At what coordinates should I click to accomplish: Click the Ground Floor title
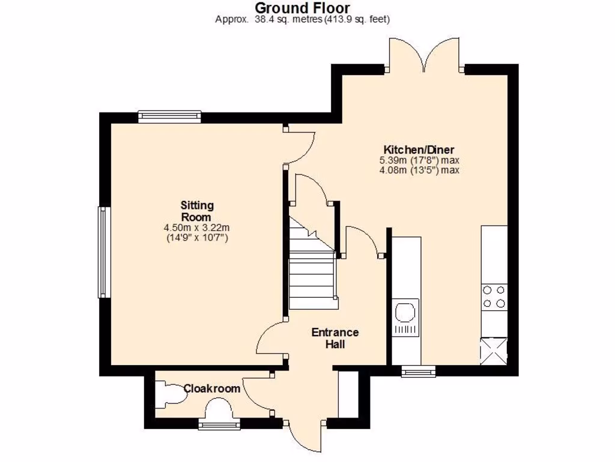303,8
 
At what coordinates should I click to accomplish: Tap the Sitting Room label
196,211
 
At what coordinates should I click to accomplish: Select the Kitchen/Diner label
419,150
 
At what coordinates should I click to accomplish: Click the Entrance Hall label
335,338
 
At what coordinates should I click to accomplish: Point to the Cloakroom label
212,389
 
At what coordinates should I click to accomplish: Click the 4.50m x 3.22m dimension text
196,228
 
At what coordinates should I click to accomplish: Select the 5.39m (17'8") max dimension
419,161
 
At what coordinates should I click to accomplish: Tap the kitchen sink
404,313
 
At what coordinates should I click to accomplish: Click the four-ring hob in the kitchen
494,297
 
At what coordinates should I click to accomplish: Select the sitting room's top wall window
169,116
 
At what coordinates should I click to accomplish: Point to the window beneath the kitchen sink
419,372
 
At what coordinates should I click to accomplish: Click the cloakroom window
219,425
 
